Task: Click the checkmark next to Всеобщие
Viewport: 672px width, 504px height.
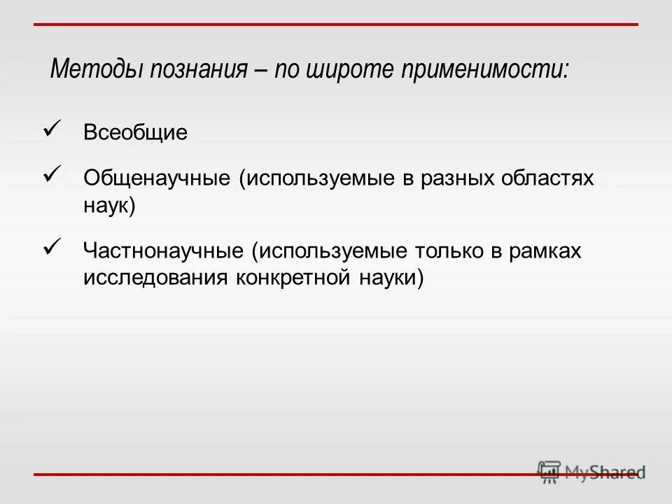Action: click(x=54, y=127)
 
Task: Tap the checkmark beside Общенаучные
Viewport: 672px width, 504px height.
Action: click(x=54, y=173)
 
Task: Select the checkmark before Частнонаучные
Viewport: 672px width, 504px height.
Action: click(x=54, y=246)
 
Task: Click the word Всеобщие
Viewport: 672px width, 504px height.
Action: click(x=136, y=133)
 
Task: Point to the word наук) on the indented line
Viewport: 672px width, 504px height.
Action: click(x=109, y=206)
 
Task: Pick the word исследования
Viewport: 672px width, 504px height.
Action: click(x=155, y=278)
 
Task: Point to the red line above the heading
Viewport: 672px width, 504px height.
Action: click(x=336, y=24)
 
